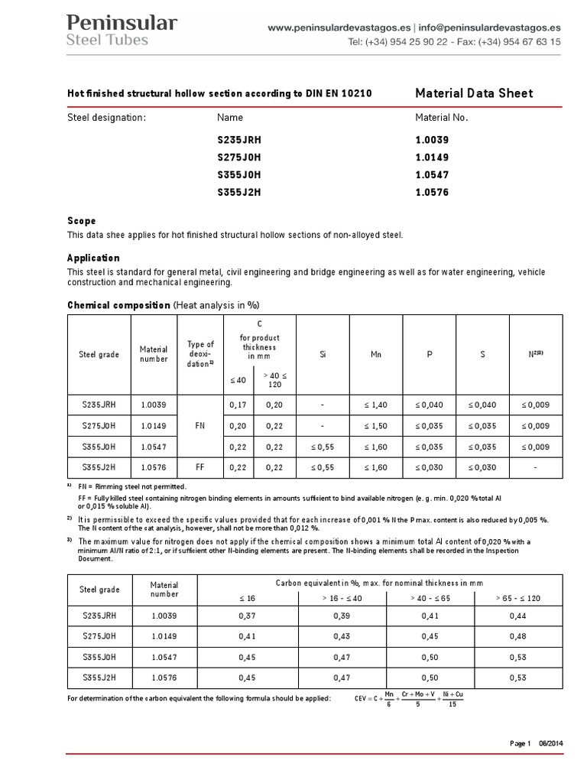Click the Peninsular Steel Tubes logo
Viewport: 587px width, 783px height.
point(122,30)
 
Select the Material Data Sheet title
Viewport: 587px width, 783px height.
point(473,93)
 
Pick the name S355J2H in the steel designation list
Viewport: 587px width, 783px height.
point(238,193)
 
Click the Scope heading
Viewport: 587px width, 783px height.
point(82,221)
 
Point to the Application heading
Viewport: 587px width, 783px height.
point(93,258)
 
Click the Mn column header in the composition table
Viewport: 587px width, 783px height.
point(376,355)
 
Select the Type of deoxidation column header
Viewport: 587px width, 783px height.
point(200,355)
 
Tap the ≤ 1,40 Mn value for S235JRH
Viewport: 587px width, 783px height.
point(376,404)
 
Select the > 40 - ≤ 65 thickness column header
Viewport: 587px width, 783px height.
point(432,598)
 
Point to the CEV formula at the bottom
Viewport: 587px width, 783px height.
point(410,699)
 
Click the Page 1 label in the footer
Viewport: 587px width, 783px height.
point(520,744)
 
